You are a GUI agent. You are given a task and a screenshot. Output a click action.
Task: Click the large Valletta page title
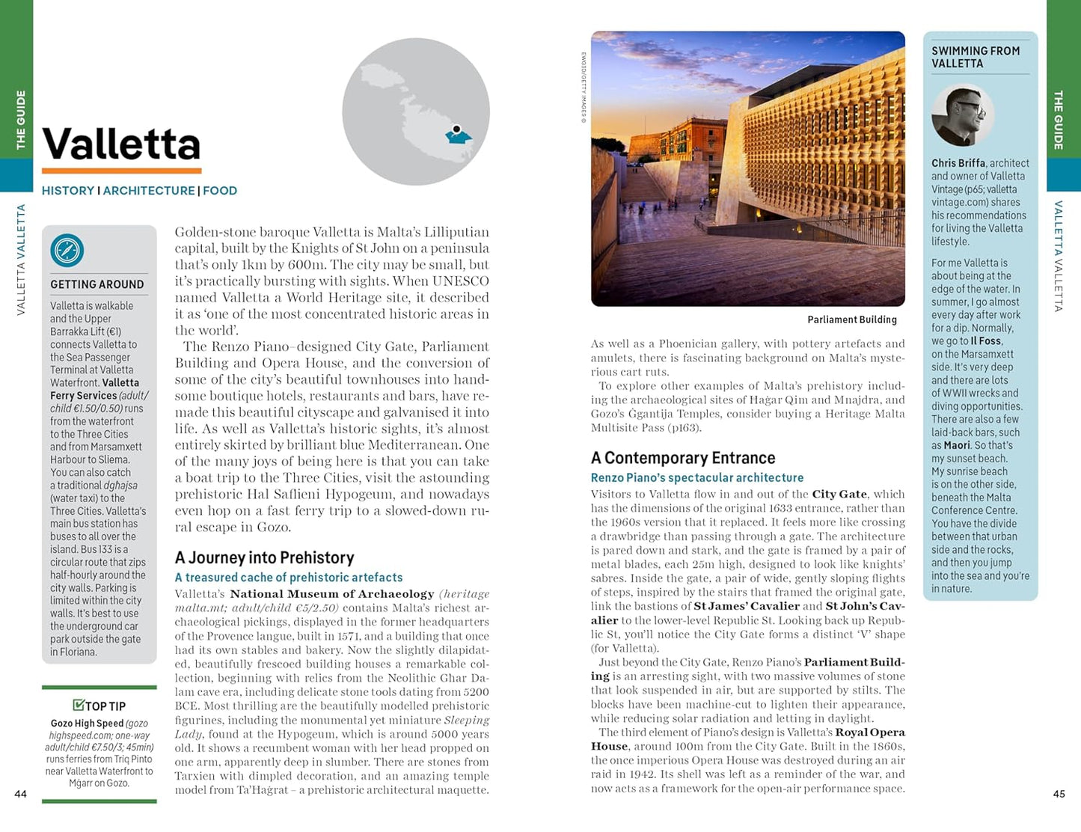(121, 144)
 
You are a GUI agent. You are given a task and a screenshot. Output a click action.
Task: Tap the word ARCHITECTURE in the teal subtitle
(149, 191)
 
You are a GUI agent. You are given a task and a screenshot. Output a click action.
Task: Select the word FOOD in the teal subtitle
(220, 191)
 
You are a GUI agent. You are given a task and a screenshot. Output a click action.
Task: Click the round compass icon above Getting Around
(67, 251)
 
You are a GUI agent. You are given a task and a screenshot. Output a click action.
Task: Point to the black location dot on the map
(456, 129)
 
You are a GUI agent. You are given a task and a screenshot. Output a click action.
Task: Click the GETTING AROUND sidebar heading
(97, 284)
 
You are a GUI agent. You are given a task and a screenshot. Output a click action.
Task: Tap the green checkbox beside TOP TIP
(79, 705)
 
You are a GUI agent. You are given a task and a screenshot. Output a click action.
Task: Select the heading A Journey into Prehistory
(264, 557)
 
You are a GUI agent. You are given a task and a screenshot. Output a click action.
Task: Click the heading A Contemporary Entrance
(683, 458)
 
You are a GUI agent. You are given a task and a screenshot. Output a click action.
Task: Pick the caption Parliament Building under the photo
(851, 319)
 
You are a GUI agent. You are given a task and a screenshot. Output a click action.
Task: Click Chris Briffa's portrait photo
(963, 114)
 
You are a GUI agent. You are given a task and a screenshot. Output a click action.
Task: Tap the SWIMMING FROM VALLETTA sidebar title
(975, 57)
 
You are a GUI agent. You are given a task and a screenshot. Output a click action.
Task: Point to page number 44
(21, 794)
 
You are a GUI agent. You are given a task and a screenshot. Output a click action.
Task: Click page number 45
(1059, 794)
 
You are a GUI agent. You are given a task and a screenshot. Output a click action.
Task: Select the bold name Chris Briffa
(958, 163)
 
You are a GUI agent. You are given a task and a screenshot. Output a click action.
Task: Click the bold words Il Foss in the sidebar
(985, 341)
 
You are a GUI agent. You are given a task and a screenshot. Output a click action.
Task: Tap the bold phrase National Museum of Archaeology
(332, 594)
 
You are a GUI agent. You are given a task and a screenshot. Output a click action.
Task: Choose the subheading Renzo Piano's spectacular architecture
(696, 477)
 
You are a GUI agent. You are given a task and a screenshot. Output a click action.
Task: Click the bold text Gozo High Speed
(87, 724)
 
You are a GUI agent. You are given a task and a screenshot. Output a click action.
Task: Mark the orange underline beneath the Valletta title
(121, 171)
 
